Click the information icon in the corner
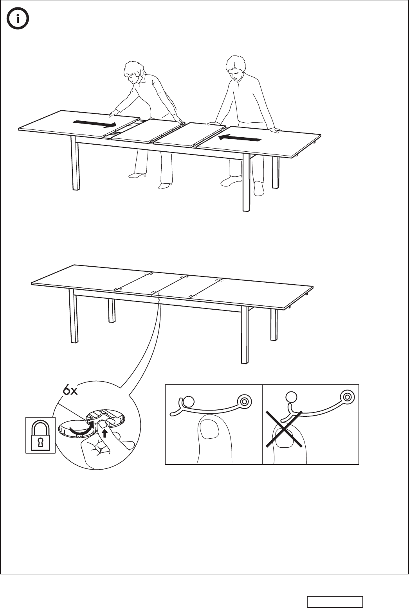pos(18,18)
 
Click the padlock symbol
pos(40,435)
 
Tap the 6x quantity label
pos(70,391)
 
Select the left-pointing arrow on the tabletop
pos(240,138)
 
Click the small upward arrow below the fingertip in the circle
pos(104,433)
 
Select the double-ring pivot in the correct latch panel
pos(244,401)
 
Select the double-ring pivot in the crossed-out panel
pos(347,397)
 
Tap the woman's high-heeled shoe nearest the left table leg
pos(137,175)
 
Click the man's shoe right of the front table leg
pos(259,188)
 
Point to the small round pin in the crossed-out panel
pos(291,397)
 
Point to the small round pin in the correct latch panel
pos(189,401)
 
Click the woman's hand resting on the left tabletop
pos(114,113)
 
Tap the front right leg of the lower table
pos(244,335)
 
